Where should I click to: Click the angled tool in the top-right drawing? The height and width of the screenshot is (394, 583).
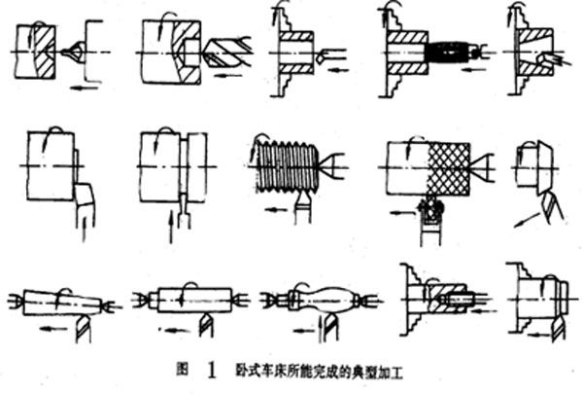(x=550, y=60)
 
